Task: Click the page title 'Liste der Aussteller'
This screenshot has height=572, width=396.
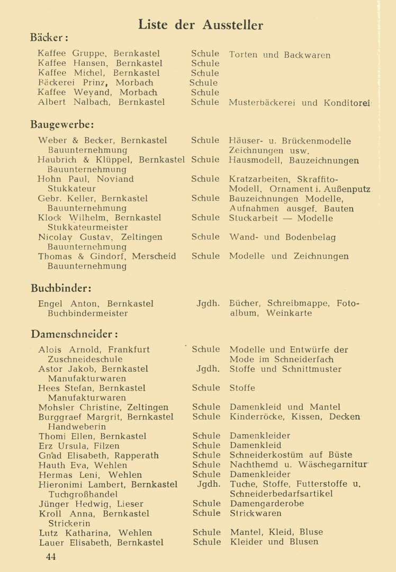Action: tap(200, 24)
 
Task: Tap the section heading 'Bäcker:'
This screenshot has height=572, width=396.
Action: tap(49, 38)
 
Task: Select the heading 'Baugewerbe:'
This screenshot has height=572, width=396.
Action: tap(62, 125)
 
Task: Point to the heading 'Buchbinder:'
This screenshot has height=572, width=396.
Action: tap(61, 289)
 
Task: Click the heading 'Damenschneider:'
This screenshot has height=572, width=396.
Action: tap(74, 334)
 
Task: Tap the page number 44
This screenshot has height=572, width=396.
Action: tap(51, 556)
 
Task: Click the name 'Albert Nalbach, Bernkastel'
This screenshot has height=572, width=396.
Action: tap(101, 102)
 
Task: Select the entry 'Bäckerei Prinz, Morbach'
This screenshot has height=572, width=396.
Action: tap(96, 83)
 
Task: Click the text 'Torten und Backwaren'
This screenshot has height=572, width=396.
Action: tap(280, 55)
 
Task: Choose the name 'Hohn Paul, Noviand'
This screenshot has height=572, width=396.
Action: tap(86, 179)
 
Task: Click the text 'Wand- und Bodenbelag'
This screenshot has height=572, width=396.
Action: tap(282, 237)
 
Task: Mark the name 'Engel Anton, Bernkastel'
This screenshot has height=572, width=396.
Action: tap(96, 303)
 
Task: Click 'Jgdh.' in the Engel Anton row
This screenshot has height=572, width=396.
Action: tap(208, 303)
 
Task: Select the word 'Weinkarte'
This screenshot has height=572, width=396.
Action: tap(289, 313)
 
